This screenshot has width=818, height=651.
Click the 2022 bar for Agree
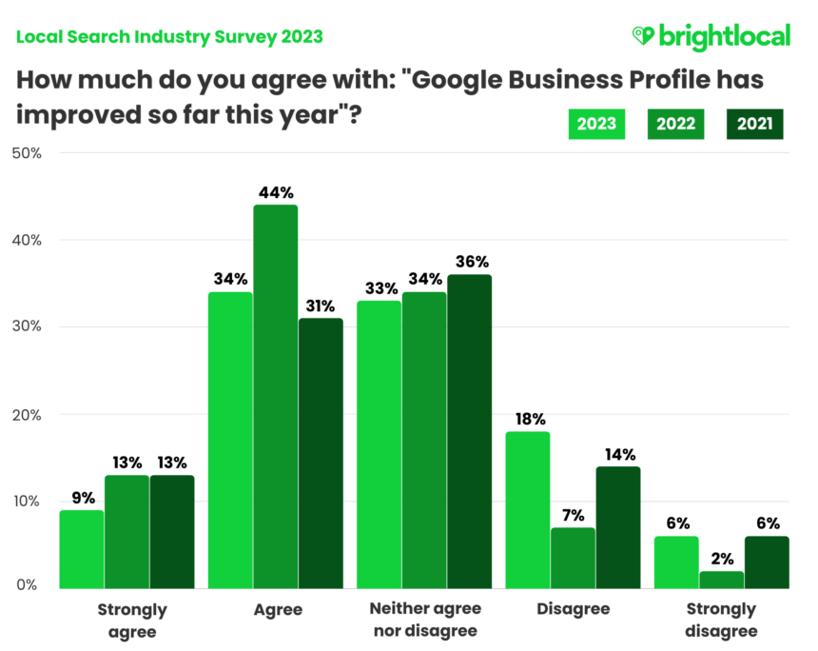pos(275,395)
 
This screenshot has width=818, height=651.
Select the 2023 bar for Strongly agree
pos(82,549)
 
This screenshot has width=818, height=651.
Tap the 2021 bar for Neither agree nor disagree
pos(469,430)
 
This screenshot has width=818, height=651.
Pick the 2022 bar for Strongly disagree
pos(722,579)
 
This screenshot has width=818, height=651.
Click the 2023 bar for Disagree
pos(528,509)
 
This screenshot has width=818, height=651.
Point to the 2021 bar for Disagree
pos(617,526)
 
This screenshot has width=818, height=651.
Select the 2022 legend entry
pos(677,124)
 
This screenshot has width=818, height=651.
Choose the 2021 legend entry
pos(755,124)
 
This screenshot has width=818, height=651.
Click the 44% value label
pos(275,193)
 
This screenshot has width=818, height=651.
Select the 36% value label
pos(469,262)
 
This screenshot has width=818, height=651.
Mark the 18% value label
pos(528,419)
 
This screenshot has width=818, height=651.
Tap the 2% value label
pos(722,559)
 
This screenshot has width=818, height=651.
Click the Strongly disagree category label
pos(722,620)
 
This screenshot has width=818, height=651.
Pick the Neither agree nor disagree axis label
pos(424,620)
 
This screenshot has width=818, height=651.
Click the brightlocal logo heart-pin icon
pos(644,36)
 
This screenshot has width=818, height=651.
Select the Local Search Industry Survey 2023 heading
pos(169,37)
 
